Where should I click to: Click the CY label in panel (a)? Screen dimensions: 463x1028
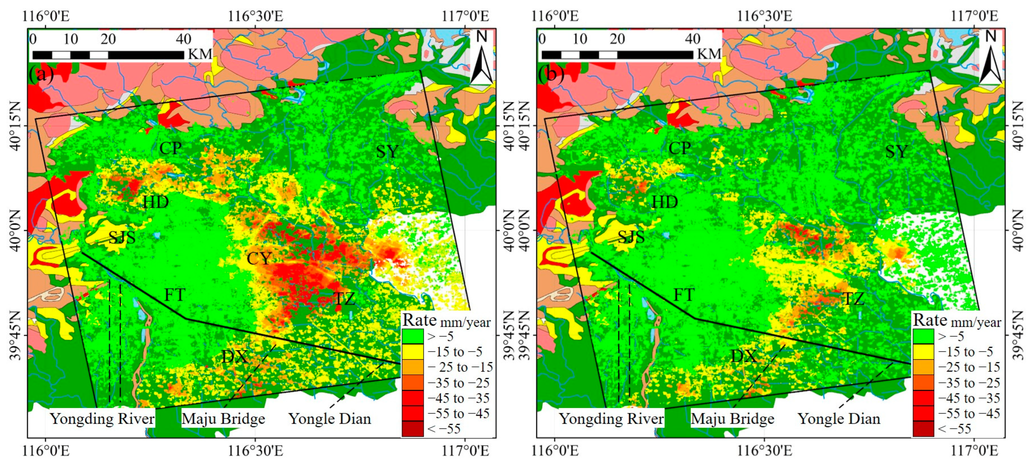259,258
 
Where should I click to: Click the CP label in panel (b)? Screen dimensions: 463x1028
680,148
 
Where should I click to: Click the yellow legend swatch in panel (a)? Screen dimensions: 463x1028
413,352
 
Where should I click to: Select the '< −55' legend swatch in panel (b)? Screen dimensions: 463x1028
923,429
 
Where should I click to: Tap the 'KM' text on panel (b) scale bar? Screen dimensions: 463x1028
709,54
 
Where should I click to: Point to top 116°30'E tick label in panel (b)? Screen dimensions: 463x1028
764,16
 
